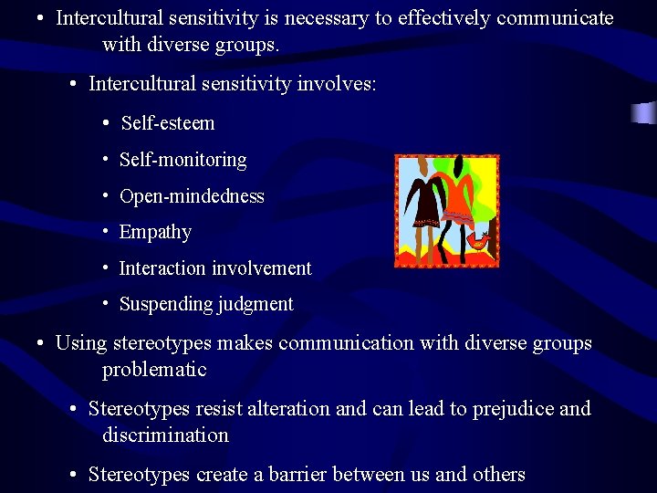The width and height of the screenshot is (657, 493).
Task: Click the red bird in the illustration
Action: click(476, 240)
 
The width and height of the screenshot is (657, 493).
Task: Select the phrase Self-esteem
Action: click(168, 123)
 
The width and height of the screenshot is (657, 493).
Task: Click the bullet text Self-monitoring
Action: click(182, 160)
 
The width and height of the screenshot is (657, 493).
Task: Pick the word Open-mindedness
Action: click(192, 196)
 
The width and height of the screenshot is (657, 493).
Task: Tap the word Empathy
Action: click(155, 232)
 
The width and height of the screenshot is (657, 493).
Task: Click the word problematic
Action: click(154, 370)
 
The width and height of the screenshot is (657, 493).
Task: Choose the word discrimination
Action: click(165, 435)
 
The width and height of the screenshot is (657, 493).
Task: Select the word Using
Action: click(80, 344)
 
